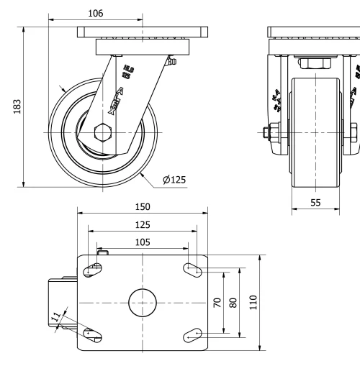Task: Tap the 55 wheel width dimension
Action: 315,202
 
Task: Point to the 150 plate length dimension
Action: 143,206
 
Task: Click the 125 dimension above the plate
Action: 143,225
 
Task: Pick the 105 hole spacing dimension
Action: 143,242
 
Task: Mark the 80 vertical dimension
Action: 233,303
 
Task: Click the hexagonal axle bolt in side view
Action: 102,134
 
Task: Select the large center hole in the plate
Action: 143,303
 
